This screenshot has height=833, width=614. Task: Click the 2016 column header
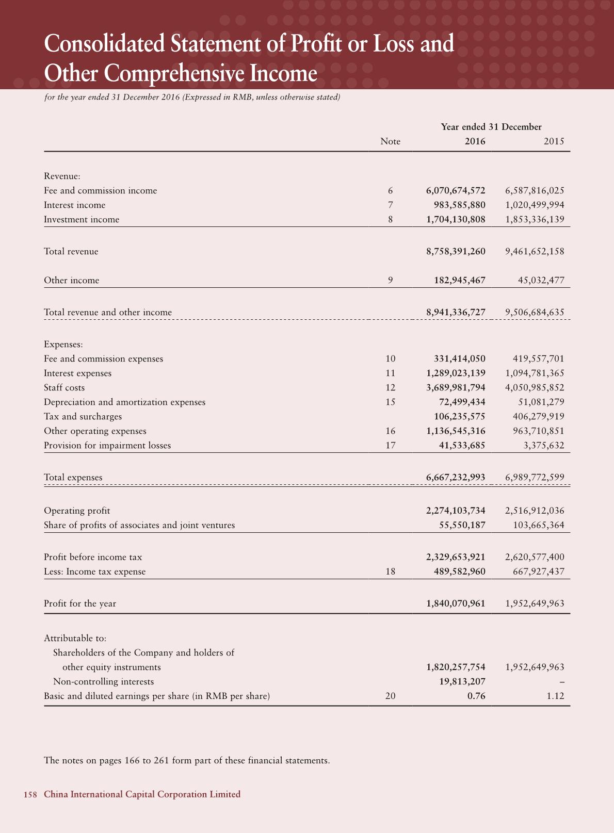475,141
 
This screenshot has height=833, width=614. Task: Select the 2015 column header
554,141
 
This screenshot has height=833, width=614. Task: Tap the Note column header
390,141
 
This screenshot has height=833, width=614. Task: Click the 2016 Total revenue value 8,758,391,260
456,252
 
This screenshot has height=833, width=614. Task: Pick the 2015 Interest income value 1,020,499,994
535,205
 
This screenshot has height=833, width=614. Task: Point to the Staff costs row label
64,387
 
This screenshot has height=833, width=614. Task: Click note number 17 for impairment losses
391,445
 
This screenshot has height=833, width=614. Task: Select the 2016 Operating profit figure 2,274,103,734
456,511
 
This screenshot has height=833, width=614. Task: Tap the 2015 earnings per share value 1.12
555,696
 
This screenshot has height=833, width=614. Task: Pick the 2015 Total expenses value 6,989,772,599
535,478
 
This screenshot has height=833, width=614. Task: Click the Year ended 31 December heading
491,127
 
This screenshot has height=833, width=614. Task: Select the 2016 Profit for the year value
456,603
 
